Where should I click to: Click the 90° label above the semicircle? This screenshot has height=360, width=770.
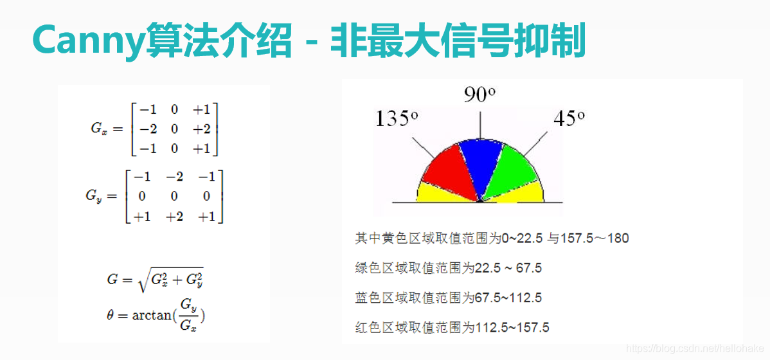pos(479,95)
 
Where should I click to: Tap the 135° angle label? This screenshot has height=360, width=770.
pos(397,118)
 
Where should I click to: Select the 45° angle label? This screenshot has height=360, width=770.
pos(569,118)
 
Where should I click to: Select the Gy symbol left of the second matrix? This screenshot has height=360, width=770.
pos(94,195)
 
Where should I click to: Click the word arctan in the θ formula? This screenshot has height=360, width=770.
pos(152,315)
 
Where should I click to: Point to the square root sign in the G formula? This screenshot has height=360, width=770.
pos(144,280)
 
